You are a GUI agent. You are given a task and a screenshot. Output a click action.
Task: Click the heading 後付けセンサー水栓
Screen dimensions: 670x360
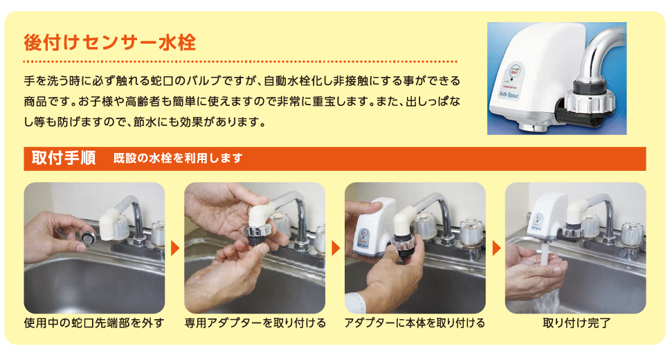coord(110,43)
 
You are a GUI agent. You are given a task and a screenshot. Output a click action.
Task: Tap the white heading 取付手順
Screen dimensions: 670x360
coord(63,159)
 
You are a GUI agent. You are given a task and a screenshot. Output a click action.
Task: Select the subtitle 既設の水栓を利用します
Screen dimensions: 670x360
coord(178,159)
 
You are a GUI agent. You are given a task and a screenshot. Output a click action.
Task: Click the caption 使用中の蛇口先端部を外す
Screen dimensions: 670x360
coord(94,323)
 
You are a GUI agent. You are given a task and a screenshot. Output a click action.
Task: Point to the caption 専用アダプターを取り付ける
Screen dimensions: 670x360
coord(255,323)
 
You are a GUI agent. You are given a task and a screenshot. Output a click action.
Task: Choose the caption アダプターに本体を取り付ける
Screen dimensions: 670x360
coord(415,323)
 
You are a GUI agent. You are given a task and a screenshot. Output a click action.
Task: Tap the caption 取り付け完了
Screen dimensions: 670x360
coord(577,323)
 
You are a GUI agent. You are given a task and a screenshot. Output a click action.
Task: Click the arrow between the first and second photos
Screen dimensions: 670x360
coord(174,248)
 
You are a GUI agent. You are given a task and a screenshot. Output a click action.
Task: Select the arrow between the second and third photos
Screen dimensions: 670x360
coord(336,248)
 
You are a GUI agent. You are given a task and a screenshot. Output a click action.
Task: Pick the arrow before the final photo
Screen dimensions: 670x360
coord(496,248)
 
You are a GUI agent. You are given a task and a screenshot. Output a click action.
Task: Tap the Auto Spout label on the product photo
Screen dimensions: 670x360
coord(509,94)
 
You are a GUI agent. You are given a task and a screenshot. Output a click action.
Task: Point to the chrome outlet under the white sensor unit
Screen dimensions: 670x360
coord(532,127)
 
